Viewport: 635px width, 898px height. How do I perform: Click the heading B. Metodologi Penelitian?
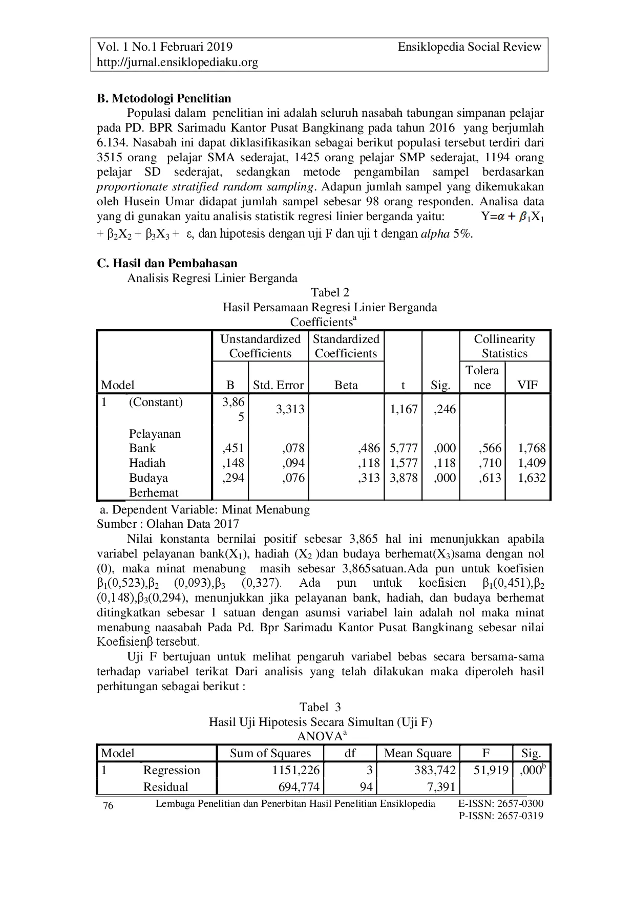pyautogui.click(x=164, y=98)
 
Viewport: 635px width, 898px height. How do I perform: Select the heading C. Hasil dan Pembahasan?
pyautogui.click(x=167, y=263)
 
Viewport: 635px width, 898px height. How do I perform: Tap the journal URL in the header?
pyautogui.click(x=177, y=62)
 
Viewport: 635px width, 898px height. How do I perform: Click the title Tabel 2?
pyautogui.click(x=330, y=292)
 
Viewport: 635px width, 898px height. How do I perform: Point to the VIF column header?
pyautogui.click(x=527, y=385)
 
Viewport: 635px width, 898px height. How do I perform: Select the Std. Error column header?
pyautogui.click(x=278, y=385)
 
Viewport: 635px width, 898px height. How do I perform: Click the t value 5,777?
pyautogui.click(x=404, y=448)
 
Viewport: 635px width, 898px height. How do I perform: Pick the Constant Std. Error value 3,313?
pyautogui.click(x=290, y=409)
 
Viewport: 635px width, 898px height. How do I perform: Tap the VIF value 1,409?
pyautogui.click(x=532, y=463)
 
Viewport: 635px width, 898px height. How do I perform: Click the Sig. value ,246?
pyautogui.click(x=443, y=409)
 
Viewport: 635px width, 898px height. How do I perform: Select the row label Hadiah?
pyautogui.click(x=147, y=463)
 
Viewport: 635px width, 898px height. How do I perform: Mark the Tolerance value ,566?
pyautogui.click(x=490, y=448)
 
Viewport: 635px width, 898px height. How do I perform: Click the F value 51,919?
pyautogui.click(x=491, y=770)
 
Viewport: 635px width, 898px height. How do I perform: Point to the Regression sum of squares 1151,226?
pyautogui.click(x=295, y=770)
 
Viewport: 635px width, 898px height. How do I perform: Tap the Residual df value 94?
pyautogui.click(x=365, y=787)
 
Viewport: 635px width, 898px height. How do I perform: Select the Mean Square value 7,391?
pyautogui.click(x=438, y=787)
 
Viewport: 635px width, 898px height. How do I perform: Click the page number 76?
pyautogui.click(x=108, y=806)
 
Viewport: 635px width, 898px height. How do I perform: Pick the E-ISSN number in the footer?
pyautogui.click(x=501, y=803)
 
